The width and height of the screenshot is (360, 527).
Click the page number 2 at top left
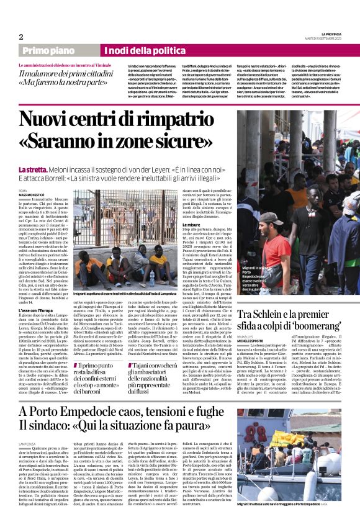(x=21, y=37)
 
